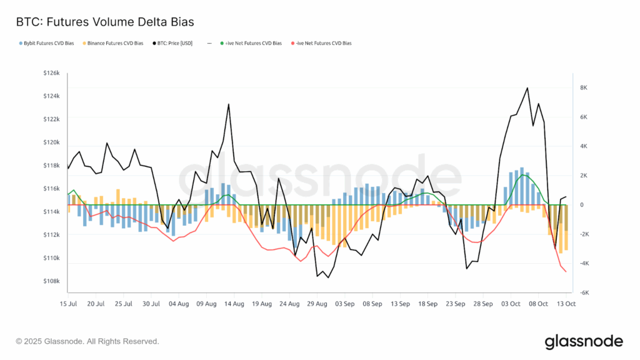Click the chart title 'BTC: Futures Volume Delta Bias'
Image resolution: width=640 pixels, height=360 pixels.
tap(104, 22)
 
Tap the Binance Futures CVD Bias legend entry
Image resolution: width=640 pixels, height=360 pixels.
tap(119, 43)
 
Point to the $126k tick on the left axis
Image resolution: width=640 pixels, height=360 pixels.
tap(51, 73)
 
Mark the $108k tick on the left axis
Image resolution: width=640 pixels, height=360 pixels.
tap(51, 281)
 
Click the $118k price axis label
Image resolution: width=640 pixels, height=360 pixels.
tap(51, 166)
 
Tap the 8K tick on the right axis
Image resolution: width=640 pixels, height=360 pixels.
tap(585, 87)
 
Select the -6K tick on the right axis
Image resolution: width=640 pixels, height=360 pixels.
tap(585, 293)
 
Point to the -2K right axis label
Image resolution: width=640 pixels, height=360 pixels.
tap(585, 234)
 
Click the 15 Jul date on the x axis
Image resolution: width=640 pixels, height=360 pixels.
tap(67, 304)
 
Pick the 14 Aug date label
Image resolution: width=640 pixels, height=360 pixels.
tap(234, 304)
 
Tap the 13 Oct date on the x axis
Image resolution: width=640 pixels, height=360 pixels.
tap(566, 304)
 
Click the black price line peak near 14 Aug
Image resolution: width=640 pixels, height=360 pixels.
tap(229, 104)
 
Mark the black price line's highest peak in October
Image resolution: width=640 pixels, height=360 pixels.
tap(527, 88)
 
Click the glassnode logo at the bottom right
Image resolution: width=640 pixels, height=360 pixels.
tap(584, 341)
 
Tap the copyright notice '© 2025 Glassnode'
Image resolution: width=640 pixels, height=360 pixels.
tap(87, 342)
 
